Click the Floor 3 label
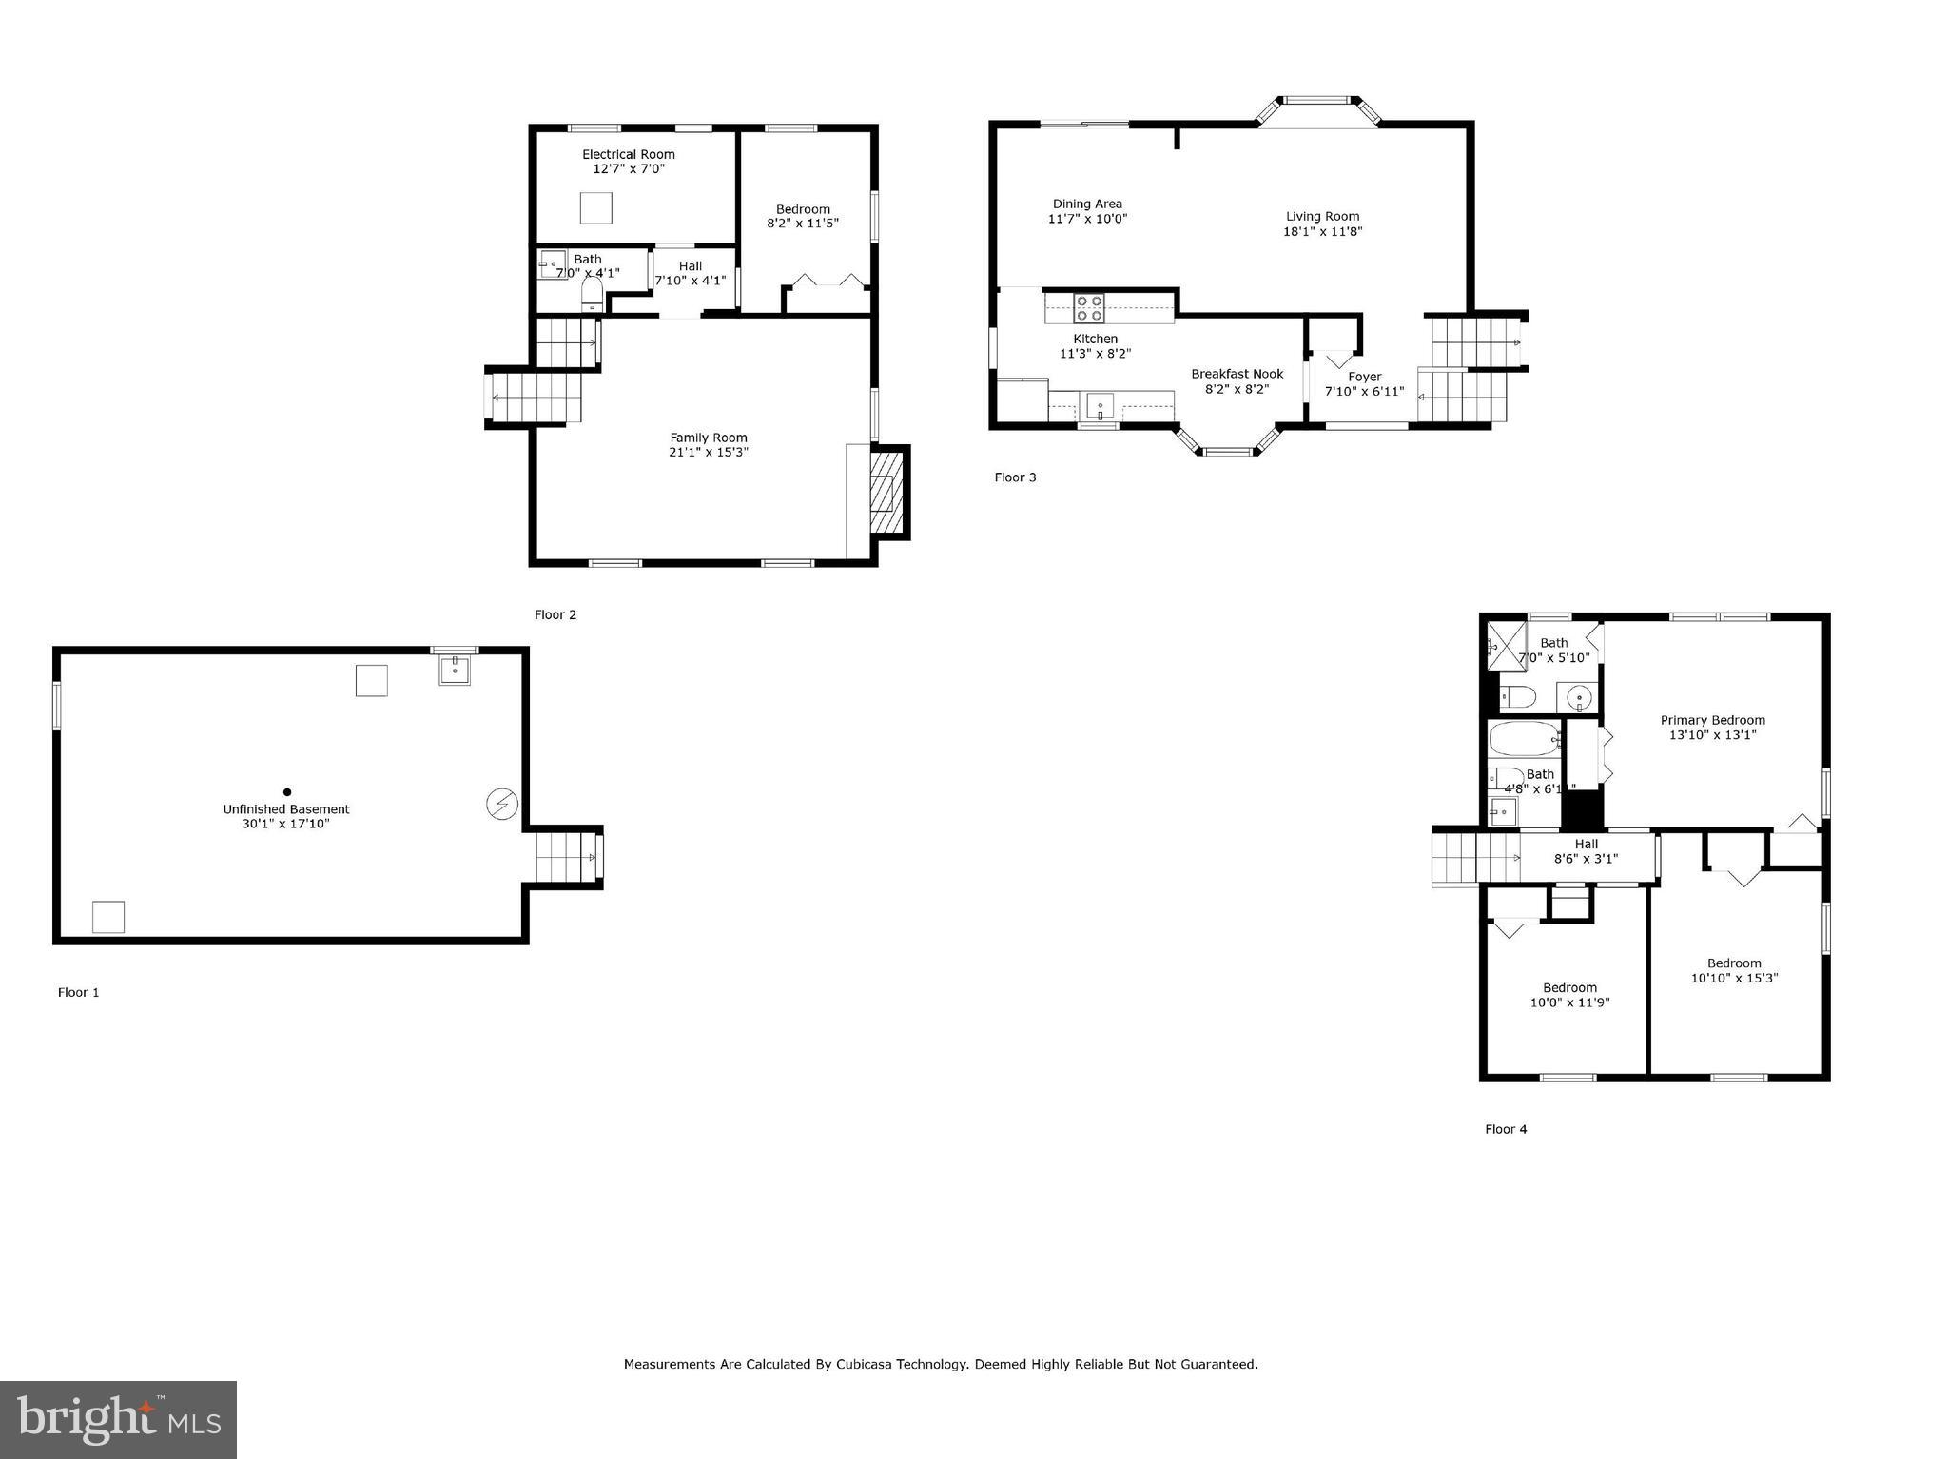[1015, 477]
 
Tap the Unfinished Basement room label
[286, 809]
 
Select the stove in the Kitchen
[1089, 308]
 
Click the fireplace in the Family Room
[887, 493]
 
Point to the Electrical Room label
[628, 154]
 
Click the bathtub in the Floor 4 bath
[1524, 738]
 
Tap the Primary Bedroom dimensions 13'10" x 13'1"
[1712, 735]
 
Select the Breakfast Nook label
[1237, 374]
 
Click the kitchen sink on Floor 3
[1100, 407]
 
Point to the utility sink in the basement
[455, 670]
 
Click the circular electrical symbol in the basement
[501, 806]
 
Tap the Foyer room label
[1364, 377]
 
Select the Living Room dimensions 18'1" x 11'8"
[1322, 231]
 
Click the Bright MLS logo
[118, 1419]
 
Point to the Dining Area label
[1087, 204]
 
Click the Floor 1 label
[78, 992]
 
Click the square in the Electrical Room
[595, 207]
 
